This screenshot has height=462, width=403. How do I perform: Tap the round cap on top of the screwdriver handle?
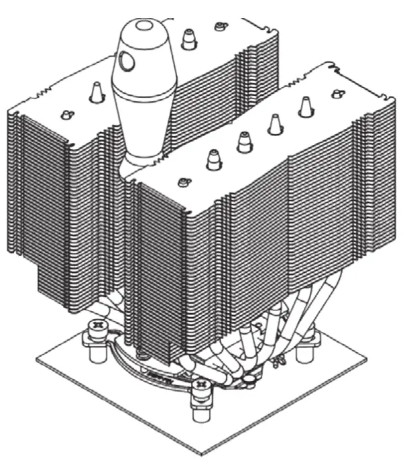[143, 27]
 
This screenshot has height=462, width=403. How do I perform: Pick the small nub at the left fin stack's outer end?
[65, 114]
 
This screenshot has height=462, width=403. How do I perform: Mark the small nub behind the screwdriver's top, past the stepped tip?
[219, 26]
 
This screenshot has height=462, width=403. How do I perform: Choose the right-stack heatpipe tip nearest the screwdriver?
[214, 160]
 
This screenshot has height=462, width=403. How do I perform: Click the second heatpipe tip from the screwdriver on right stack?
[244, 141]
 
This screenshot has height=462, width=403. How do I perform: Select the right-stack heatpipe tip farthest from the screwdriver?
[306, 107]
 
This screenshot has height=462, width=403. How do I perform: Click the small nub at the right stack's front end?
[182, 182]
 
